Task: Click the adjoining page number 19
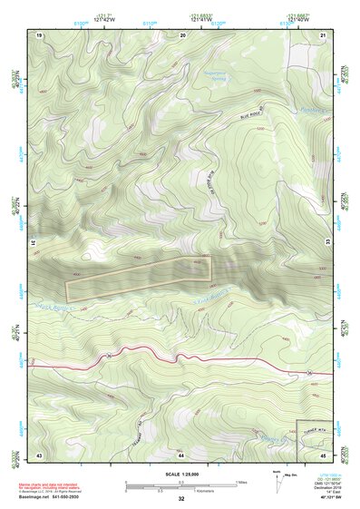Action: click(x=40, y=34)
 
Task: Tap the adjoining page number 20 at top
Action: click(x=184, y=34)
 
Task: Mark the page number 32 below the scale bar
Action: click(x=181, y=499)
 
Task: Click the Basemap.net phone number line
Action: click(x=50, y=496)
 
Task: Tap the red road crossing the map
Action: click(x=181, y=357)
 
